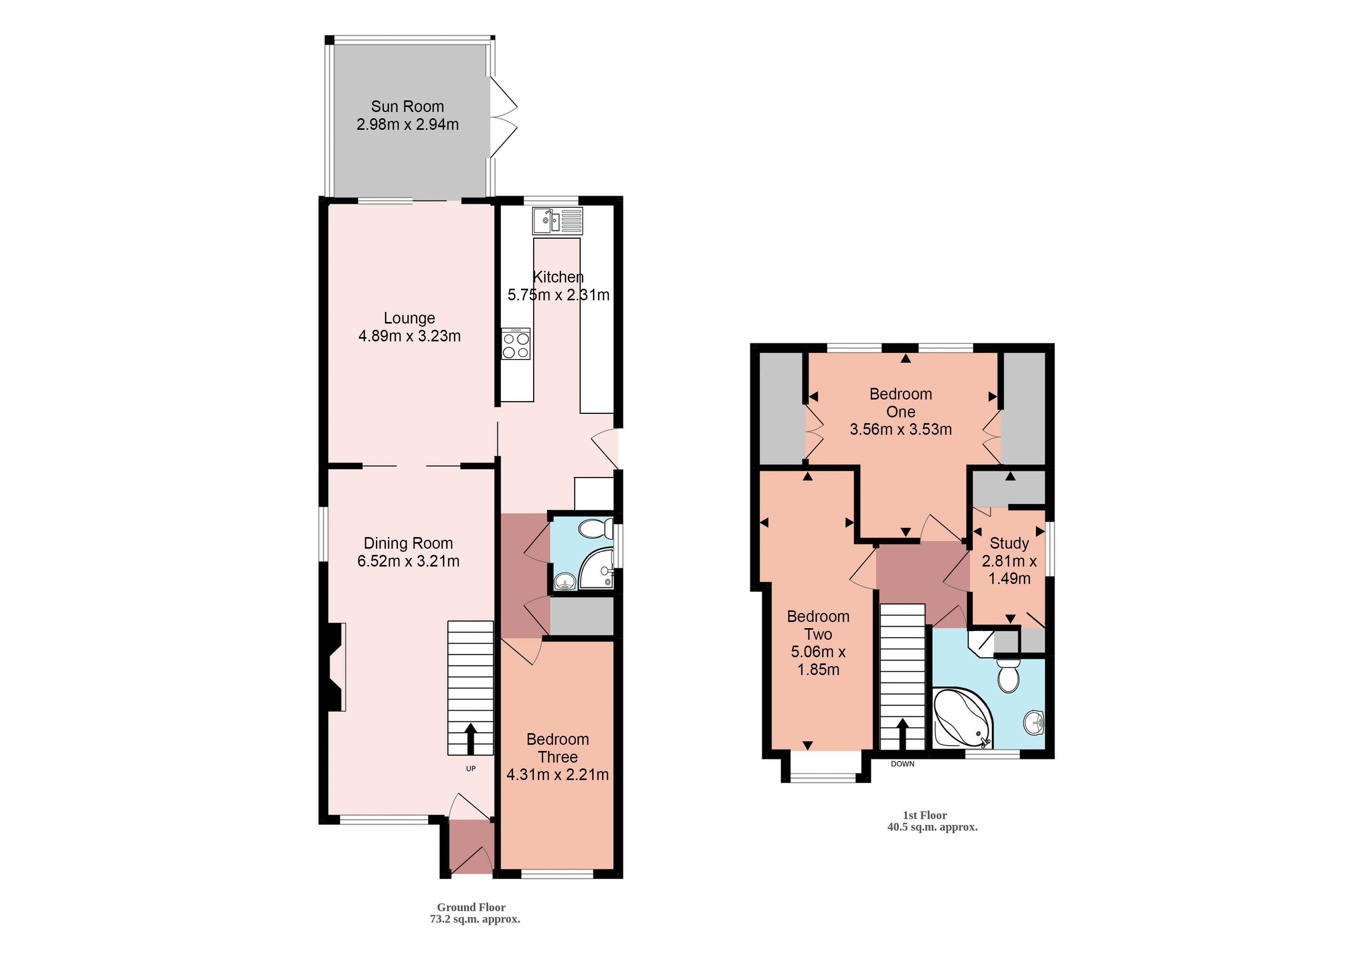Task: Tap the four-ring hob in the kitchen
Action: click(515, 344)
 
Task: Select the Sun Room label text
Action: click(407, 107)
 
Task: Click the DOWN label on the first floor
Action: click(902, 764)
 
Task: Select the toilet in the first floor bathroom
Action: click(1008, 677)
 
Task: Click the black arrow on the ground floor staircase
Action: click(471, 738)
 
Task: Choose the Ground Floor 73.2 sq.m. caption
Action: click(474, 913)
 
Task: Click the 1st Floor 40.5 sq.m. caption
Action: click(931, 821)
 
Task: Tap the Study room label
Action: click(1009, 543)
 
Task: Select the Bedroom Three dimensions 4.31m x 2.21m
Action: click(557, 775)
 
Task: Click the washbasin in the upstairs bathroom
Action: click(1034, 722)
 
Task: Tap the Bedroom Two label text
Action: click(818, 625)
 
